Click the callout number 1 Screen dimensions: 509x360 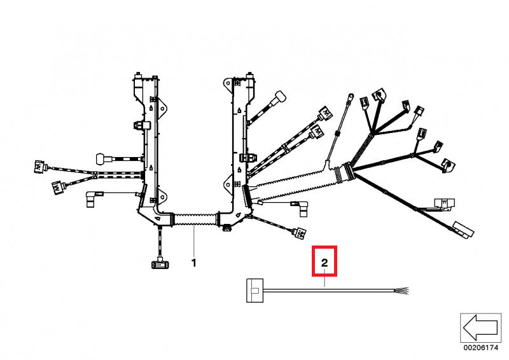[194, 263]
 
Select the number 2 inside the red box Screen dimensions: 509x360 [324, 263]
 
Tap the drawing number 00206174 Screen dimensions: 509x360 [480, 348]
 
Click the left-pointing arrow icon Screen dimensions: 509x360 [480, 327]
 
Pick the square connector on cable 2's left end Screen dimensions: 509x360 [255, 291]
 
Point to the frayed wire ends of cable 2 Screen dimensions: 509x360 [401, 291]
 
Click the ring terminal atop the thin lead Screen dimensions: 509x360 [351, 97]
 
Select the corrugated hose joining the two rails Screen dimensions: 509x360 [195, 219]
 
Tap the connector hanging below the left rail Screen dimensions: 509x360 [158, 263]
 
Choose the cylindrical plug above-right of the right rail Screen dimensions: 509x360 [279, 97]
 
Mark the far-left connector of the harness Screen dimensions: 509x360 [39, 166]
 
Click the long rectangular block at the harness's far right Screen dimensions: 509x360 [463, 230]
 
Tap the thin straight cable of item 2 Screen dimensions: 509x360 [328, 291]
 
